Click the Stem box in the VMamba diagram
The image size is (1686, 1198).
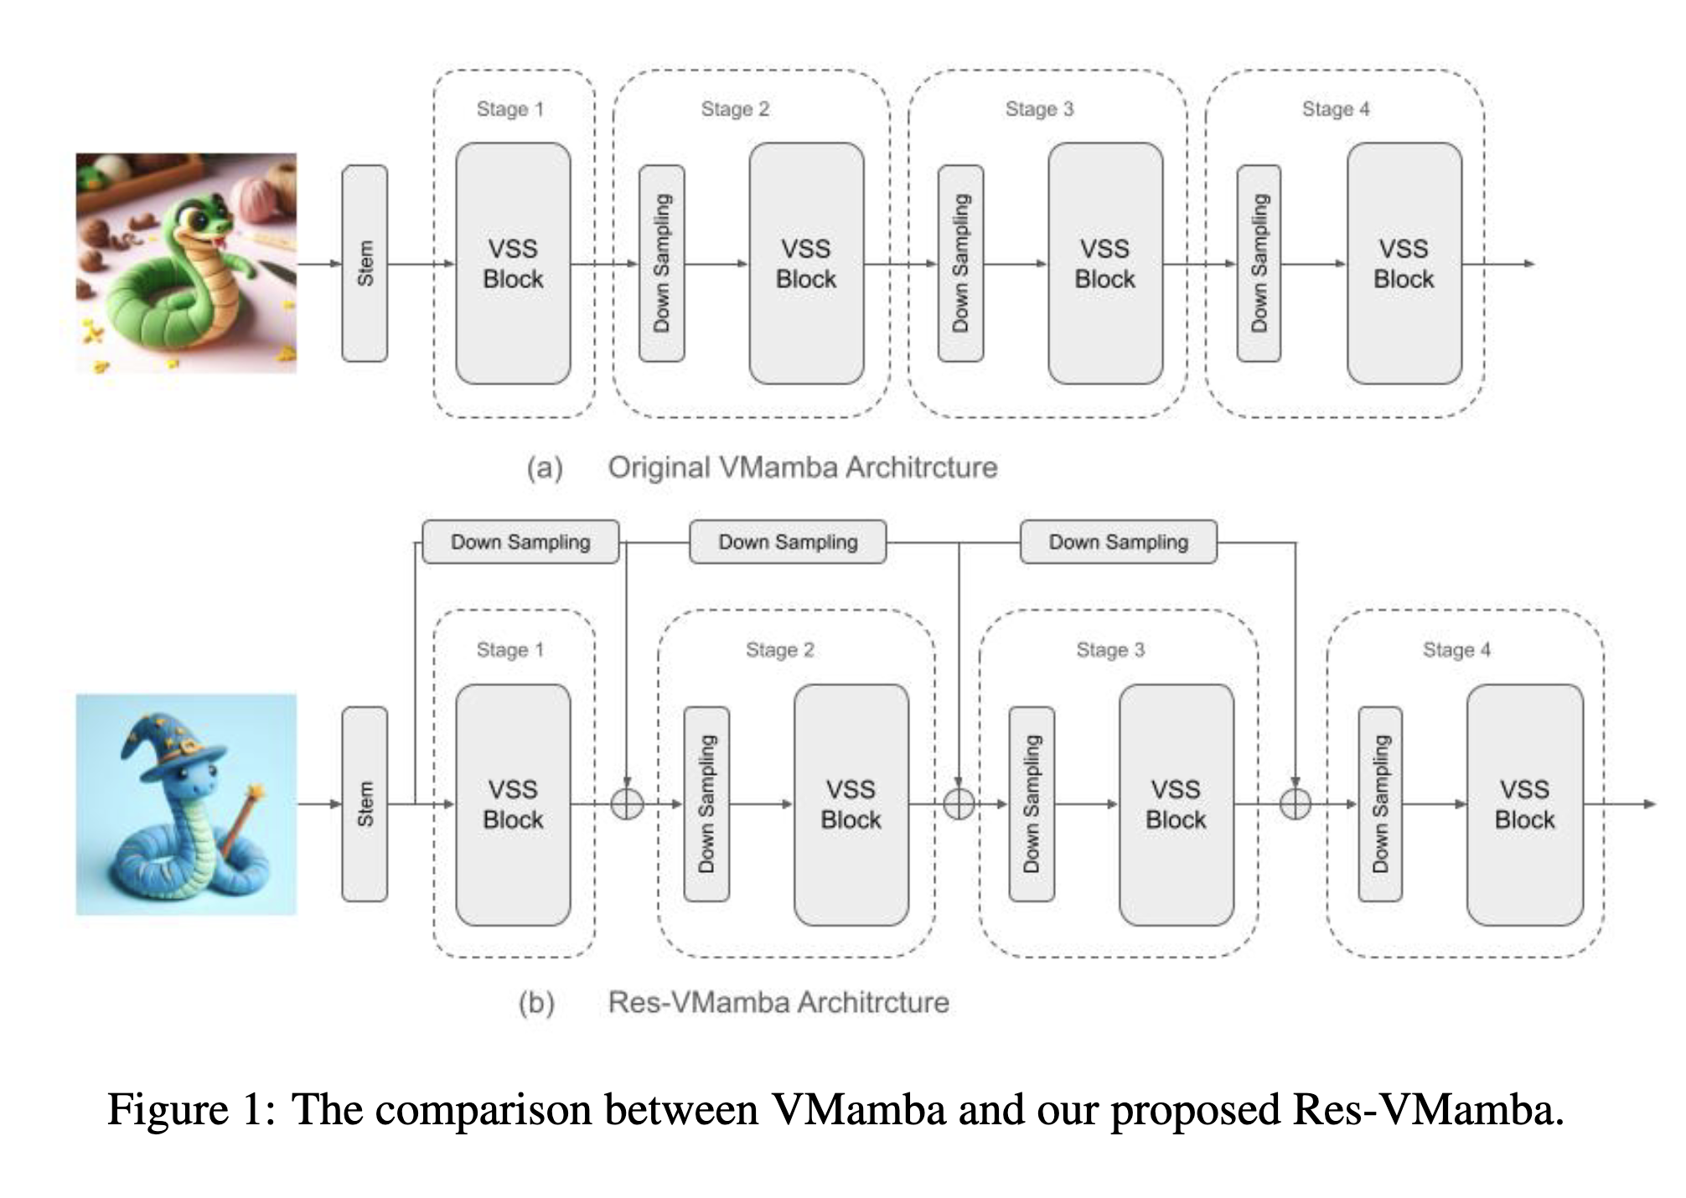[365, 263]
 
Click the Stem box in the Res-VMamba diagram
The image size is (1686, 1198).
[365, 803]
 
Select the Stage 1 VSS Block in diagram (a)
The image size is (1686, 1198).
[513, 263]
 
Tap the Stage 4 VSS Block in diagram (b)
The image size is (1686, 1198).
[1524, 804]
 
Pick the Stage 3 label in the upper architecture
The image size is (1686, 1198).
[1039, 109]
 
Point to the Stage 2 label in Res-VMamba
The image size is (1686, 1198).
[779, 649]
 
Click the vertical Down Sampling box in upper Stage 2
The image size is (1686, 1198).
[661, 263]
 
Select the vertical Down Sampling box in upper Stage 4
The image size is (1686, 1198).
[1259, 263]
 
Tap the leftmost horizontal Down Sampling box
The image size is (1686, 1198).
[520, 542]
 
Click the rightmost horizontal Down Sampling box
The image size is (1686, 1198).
[1118, 542]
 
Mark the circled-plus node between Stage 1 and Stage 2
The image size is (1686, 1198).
[627, 804]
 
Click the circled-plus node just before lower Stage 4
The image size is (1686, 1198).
[1296, 804]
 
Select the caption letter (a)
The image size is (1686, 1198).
[545, 467]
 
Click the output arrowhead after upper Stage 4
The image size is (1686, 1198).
[1529, 263]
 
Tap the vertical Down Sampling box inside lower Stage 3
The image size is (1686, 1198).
[1032, 803]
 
